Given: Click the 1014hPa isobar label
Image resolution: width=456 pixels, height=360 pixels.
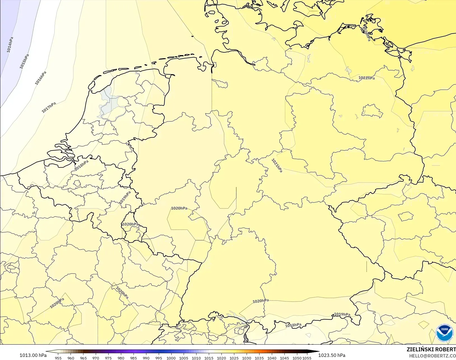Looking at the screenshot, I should point(10,45).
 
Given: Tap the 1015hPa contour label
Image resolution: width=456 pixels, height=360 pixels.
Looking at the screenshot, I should point(24,61).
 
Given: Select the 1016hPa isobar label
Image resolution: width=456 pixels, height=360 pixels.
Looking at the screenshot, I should point(41,78).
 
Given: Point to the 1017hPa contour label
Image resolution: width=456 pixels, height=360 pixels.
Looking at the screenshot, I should point(49,107).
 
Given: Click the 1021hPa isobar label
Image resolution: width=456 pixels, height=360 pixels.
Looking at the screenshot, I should point(277,165).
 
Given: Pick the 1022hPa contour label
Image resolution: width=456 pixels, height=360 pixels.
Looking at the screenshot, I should point(366,78).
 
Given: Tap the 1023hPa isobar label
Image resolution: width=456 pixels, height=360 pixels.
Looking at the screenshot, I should point(367,34).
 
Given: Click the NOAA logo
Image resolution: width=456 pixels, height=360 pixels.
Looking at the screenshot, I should point(445,333).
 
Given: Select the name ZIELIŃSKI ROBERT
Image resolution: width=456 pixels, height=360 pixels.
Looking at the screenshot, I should point(431,349).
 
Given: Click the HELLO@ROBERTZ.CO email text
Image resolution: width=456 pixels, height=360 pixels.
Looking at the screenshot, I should point(432,356).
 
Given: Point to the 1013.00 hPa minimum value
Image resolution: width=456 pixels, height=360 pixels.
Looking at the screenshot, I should point(33,355).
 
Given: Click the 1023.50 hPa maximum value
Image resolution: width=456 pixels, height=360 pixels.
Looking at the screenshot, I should point(332,355).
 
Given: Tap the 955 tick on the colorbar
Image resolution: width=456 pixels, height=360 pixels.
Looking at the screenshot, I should point(58,358).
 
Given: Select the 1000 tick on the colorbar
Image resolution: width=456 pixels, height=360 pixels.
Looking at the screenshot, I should point(171,358).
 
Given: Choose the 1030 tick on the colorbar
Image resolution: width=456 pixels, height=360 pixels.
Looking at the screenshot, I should point(246,358).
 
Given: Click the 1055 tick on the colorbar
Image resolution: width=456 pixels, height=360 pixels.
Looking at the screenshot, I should point(307,358).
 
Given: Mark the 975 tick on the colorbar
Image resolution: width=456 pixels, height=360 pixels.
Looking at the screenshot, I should point(108,358).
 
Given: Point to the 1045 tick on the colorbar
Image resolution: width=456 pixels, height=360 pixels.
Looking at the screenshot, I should point(284,358).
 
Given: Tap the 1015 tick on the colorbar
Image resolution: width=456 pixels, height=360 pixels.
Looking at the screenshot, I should point(209,358).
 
